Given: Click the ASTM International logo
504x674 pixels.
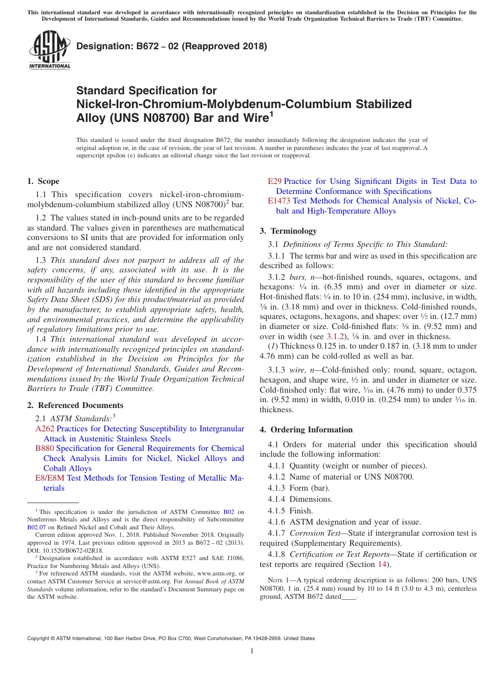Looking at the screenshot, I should click(49, 50).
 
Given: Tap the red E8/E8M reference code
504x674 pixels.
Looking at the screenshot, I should click(49, 478).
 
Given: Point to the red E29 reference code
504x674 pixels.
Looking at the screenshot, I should click(275, 181).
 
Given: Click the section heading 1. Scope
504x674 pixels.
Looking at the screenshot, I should click(43, 181).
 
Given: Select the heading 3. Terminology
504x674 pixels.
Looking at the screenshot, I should click(288, 231).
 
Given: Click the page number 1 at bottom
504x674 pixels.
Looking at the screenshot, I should click(252, 651).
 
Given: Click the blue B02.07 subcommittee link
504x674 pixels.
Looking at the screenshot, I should click(35, 528).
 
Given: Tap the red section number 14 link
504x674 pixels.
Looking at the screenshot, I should click(381, 565).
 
